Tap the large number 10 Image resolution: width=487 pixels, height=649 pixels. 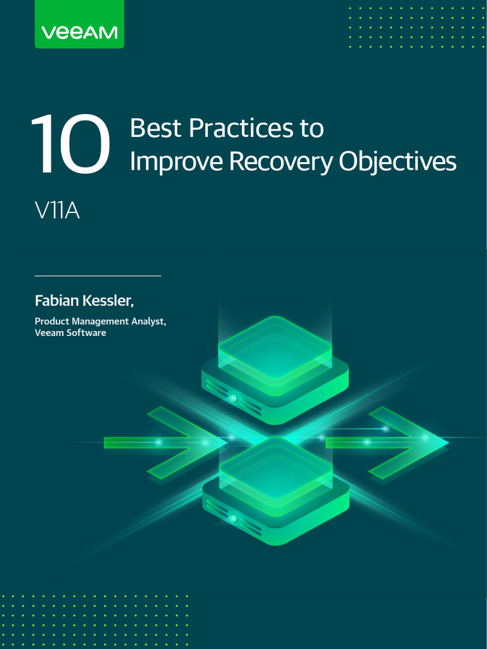(x=70, y=144)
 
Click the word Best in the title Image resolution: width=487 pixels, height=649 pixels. (x=156, y=129)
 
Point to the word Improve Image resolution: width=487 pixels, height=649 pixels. (x=176, y=162)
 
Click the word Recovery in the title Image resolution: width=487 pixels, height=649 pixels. (x=280, y=162)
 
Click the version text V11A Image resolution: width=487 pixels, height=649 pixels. (x=57, y=210)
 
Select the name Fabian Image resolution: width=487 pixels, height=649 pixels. (x=56, y=299)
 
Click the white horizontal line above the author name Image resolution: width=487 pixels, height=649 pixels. (x=98, y=276)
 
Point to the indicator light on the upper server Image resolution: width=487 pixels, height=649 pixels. (x=233, y=398)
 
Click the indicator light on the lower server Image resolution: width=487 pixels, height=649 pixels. (x=233, y=518)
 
